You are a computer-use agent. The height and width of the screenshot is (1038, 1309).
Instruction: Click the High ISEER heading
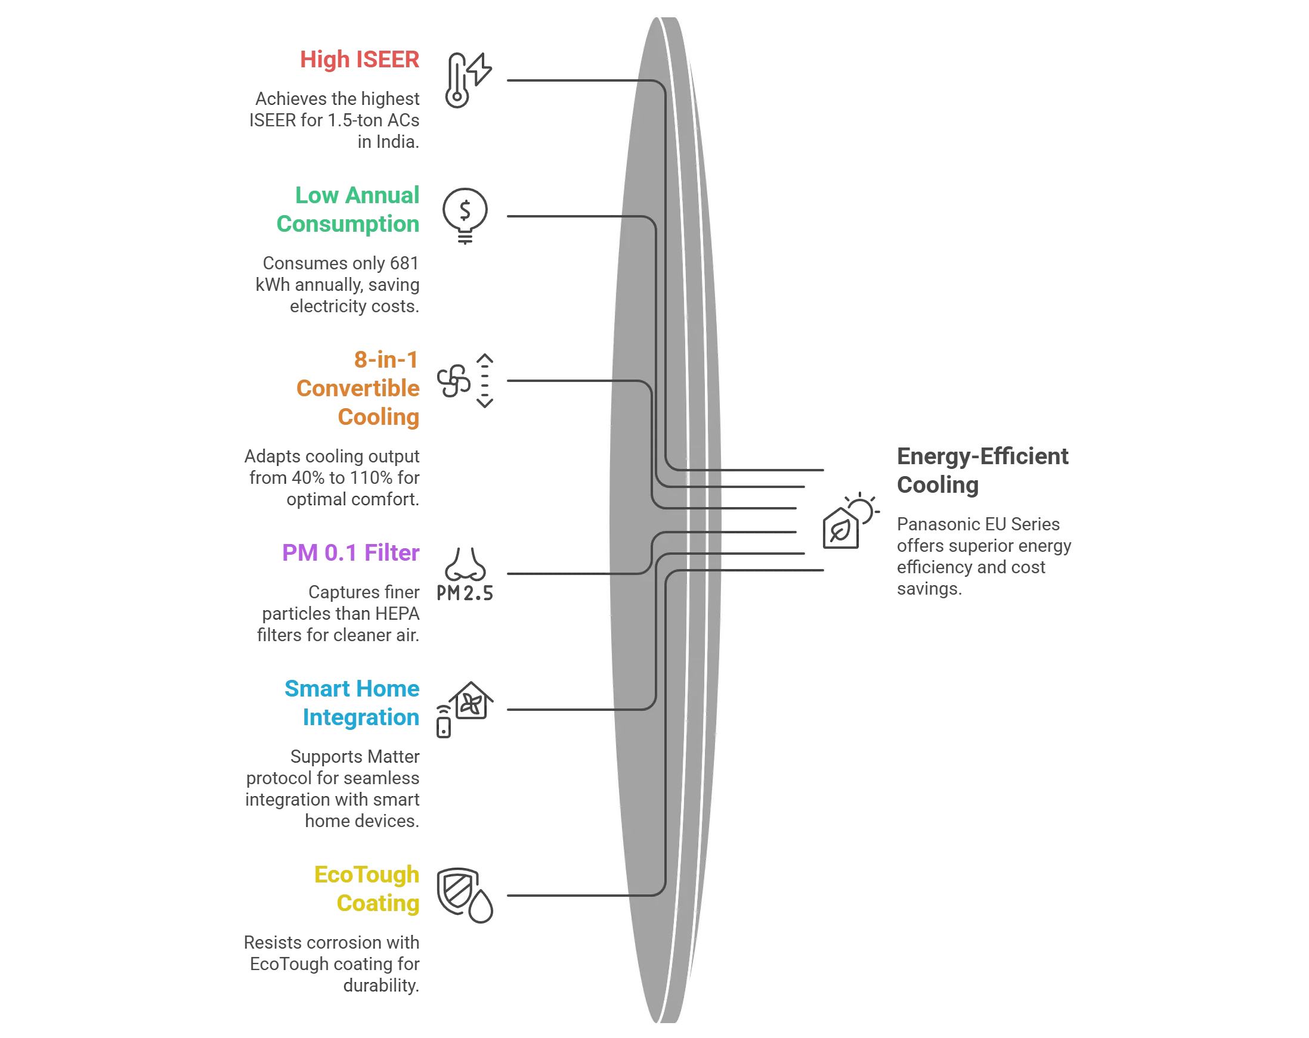360,60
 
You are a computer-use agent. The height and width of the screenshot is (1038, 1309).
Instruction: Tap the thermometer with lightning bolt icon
468,80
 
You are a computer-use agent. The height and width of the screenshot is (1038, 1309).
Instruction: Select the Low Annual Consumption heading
348,209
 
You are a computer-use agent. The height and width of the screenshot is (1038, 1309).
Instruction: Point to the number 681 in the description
404,263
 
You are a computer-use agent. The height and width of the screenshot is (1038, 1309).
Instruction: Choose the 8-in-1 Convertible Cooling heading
358,389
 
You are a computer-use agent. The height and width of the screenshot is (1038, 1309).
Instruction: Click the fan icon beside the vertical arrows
454,381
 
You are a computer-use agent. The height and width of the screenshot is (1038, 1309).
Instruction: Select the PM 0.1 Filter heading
350,553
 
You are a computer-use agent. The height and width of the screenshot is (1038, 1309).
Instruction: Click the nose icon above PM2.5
465,564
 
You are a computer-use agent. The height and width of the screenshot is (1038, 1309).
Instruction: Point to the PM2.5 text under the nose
465,593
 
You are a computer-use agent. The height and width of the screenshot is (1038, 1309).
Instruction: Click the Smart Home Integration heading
352,703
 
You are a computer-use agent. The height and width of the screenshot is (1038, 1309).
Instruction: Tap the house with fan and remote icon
465,709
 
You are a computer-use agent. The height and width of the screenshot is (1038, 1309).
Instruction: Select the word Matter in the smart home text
394,757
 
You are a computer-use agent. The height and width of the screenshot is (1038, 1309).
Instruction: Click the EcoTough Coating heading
367,889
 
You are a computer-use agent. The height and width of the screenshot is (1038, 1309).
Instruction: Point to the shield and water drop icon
465,896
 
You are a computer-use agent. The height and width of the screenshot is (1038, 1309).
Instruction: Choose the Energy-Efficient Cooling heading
982,470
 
